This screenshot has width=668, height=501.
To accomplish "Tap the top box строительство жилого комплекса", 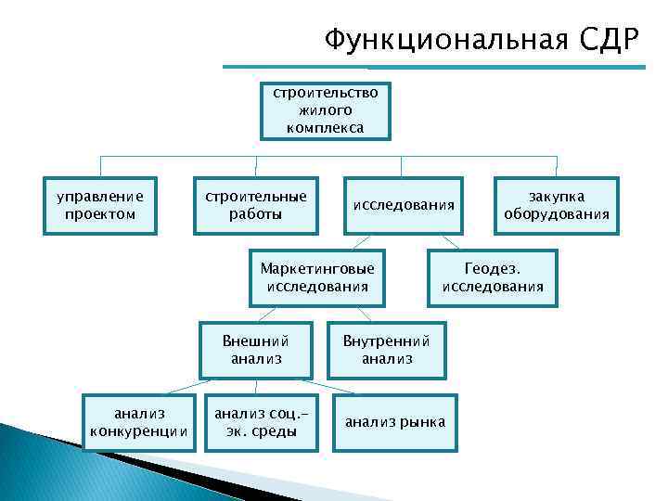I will point(325,110).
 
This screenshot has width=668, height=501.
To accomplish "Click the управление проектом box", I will point(100,205).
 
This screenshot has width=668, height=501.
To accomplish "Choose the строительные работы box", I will point(255,205).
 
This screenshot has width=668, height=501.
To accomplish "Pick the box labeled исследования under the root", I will point(403,205).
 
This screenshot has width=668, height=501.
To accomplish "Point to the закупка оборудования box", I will point(557,205).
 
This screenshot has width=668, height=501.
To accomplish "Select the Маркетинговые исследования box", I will point(317,277).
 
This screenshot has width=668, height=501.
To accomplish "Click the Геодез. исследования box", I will point(493,277).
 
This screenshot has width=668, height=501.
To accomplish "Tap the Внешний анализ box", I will point(256,349).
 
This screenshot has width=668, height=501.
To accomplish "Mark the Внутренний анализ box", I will point(387,349).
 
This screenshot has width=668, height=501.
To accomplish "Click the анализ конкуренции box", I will point(139,422).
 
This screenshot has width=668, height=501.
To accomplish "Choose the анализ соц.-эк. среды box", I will point(255,422).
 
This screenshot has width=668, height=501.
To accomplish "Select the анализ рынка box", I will point(395,423).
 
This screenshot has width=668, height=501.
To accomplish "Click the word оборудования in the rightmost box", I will point(557,214).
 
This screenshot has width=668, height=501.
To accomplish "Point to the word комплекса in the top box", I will point(325,127).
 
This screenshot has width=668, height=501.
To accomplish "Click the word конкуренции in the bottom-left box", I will point(139,431).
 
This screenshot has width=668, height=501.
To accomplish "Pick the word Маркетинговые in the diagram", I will point(317,268).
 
